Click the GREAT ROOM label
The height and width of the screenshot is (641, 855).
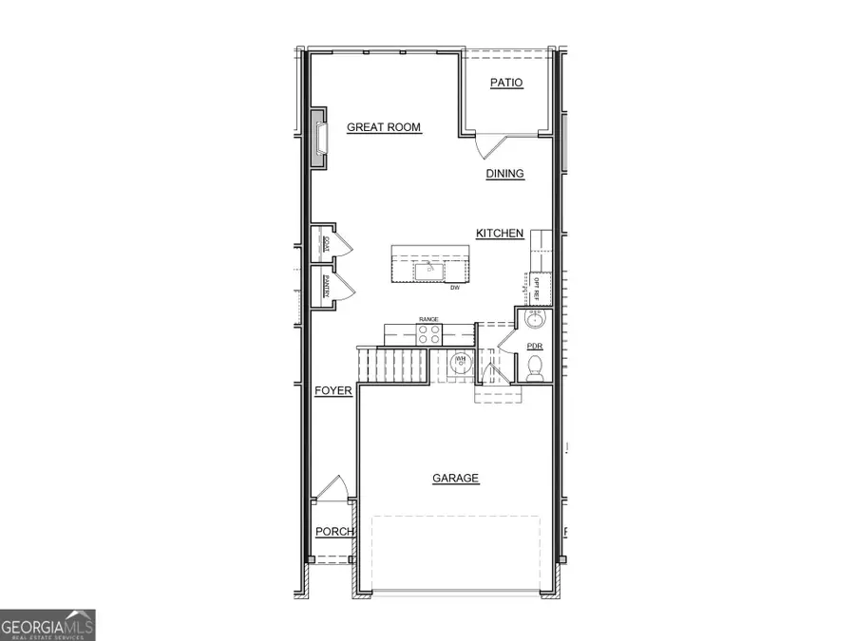click(x=383, y=127)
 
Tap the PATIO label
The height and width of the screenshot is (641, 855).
click(x=506, y=84)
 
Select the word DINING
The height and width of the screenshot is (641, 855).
click(x=505, y=174)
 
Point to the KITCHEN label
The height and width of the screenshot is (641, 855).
click(x=500, y=234)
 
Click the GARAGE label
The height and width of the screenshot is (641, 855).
click(x=456, y=479)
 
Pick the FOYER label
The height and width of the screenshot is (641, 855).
click(x=333, y=390)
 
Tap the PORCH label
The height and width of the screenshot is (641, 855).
click(x=334, y=532)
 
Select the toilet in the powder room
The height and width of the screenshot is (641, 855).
click(x=535, y=366)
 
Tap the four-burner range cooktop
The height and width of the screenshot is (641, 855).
click(x=429, y=334)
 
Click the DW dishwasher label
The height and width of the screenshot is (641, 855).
click(x=455, y=287)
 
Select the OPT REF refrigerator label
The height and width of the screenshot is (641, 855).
click(x=535, y=284)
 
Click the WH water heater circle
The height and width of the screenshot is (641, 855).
click(x=459, y=362)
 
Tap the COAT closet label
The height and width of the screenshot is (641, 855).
click(x=326, y=243)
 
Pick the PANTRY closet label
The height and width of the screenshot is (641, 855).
click(x=326, y=286)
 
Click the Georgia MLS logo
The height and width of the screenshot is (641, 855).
click(x=47, y=624)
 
